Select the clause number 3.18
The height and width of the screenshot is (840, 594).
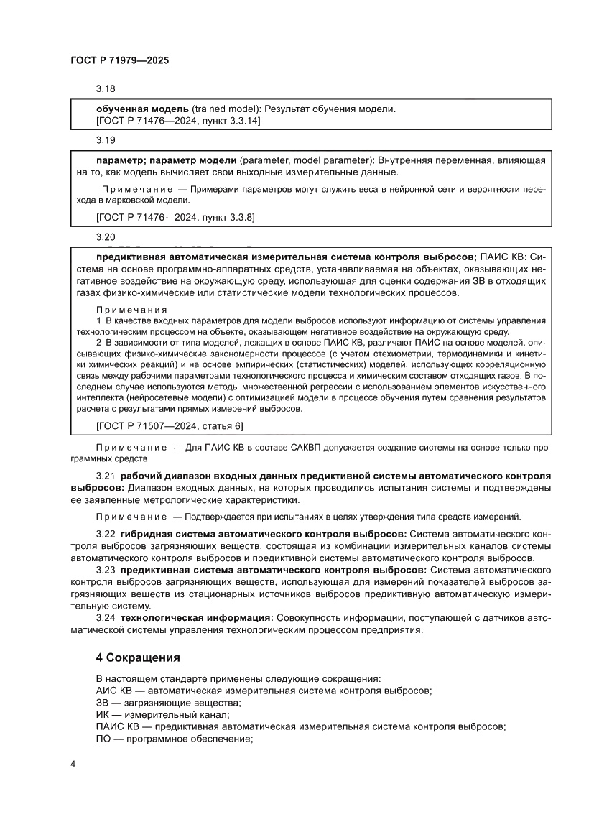106,89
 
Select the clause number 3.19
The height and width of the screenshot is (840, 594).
106,141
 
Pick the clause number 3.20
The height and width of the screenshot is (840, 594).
106,236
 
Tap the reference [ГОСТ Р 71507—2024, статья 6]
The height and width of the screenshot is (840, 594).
170,426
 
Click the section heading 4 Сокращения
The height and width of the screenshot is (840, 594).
138,657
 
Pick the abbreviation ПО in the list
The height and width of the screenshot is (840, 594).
103,739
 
